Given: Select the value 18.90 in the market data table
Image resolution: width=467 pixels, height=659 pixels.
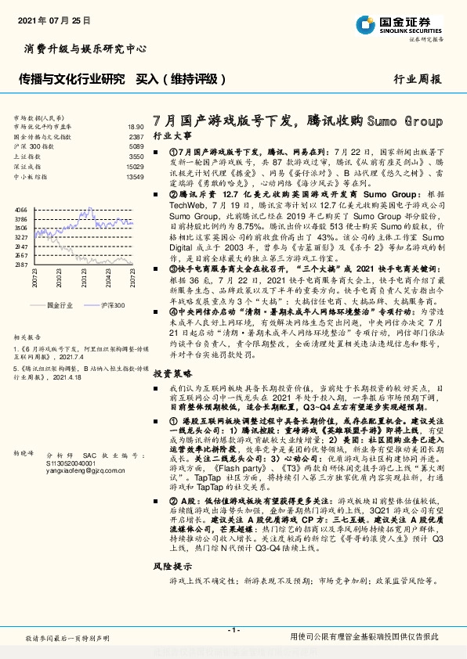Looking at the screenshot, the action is pyautogui.click(x=136, y=126).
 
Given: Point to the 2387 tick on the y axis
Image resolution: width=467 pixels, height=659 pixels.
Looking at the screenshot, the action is pyautogui.click(x=21, y=265).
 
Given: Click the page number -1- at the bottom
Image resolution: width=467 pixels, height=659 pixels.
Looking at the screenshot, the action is pyautogui.click(x=233, y=630).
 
